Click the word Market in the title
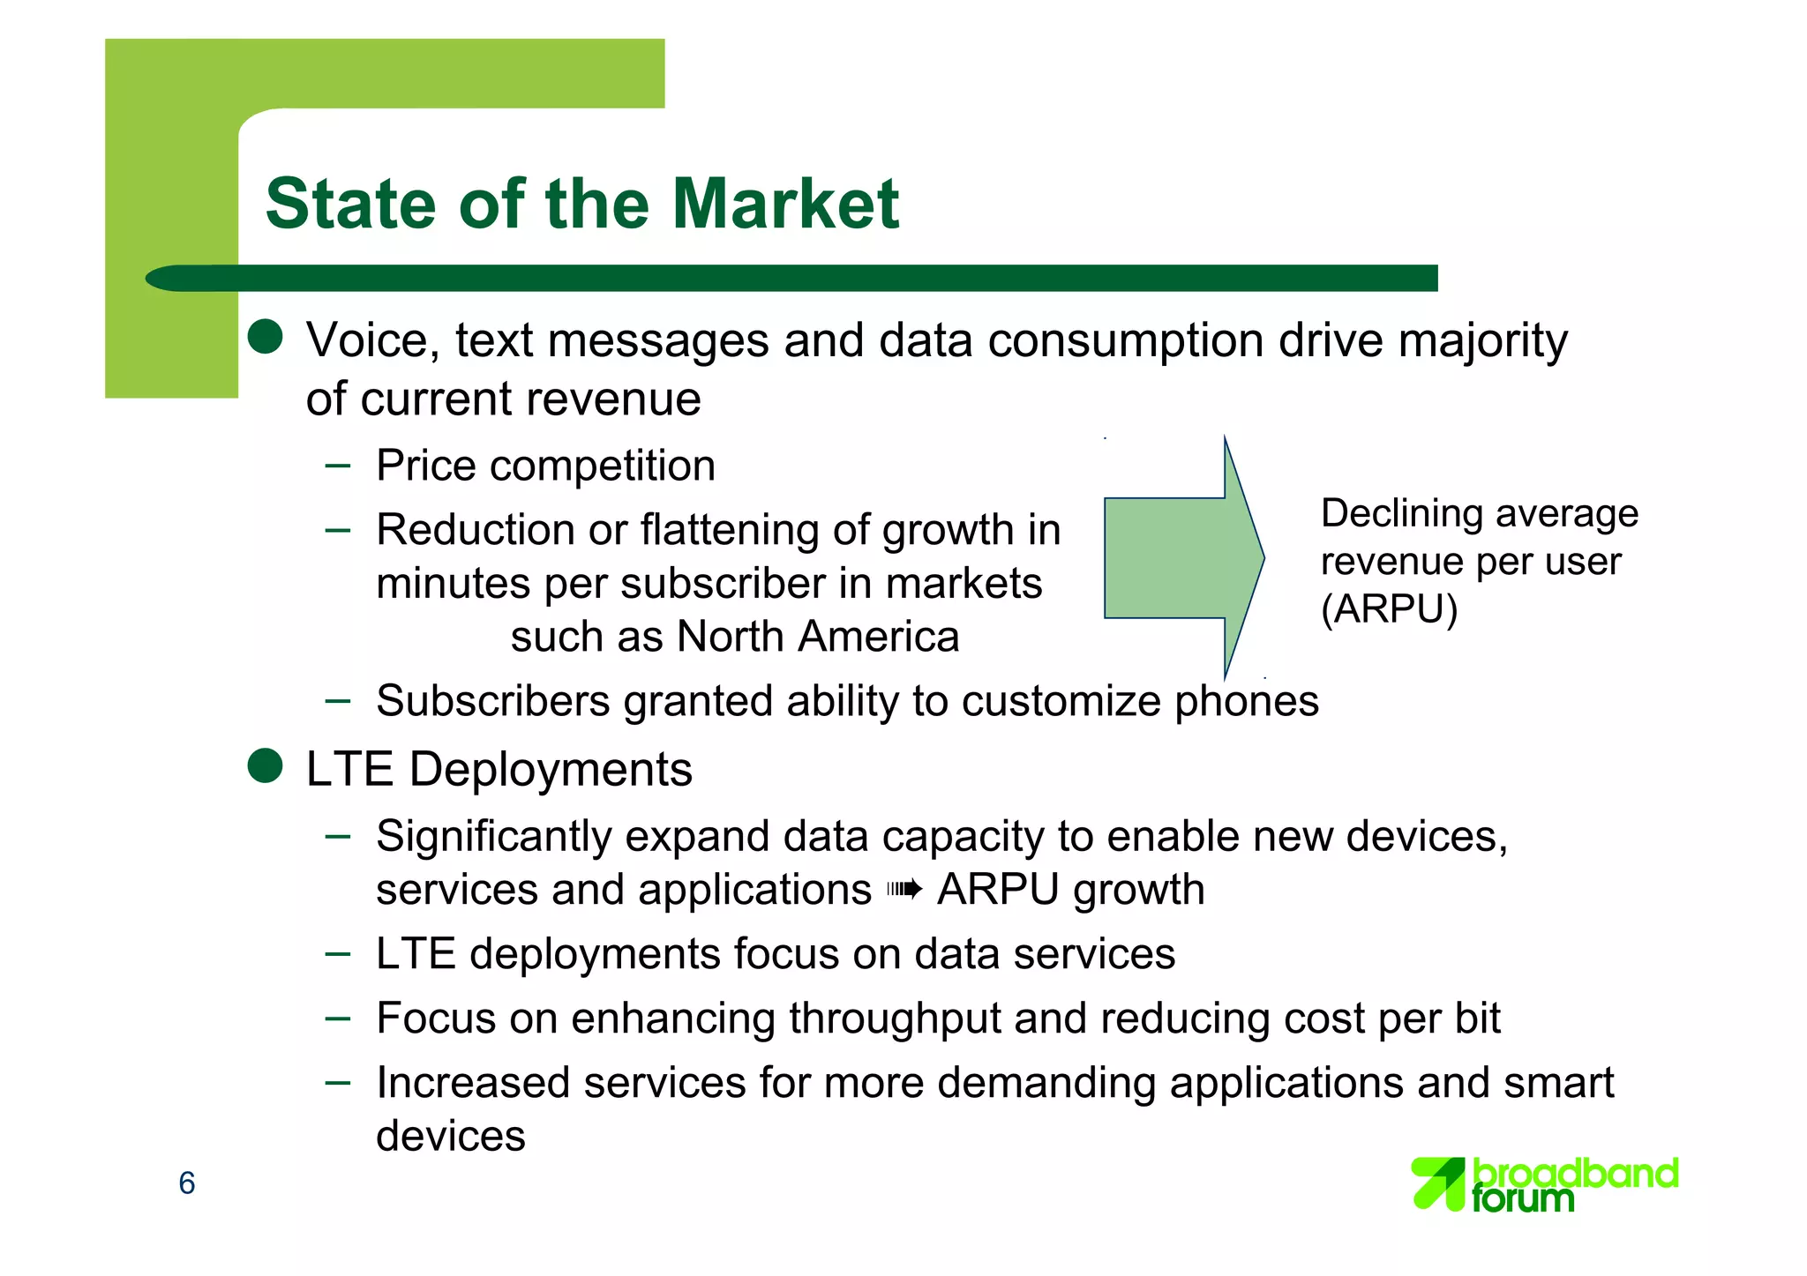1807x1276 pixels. pyautogui.click(x=785, y=205)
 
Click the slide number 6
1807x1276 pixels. pyautogui.click(x=187, y=1183)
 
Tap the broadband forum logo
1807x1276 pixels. pyautogui.click(x=1544, y=1183)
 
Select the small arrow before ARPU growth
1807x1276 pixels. pyautogui.click(x=904, y=890)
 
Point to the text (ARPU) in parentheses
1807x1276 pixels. pyautogui.click(x=1389, y=609)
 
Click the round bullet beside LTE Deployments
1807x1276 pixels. pyautogui.click(x=265, y=766)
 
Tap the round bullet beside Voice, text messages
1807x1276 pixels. pyautogui.click(x=265, y=337)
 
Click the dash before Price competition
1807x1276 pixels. pyautogui.click(x=337, y=465)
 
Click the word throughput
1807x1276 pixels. pyautogui.click(x=895, y=1019)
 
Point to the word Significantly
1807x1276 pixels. pyautogui.click(x=493, y=837)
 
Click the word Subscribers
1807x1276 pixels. pyautogui.click(x=493, y=702)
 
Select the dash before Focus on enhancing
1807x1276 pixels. pyautogui.click(x=337, y=1018)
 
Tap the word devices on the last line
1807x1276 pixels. pyautogui.click(x=451, y=1136)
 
